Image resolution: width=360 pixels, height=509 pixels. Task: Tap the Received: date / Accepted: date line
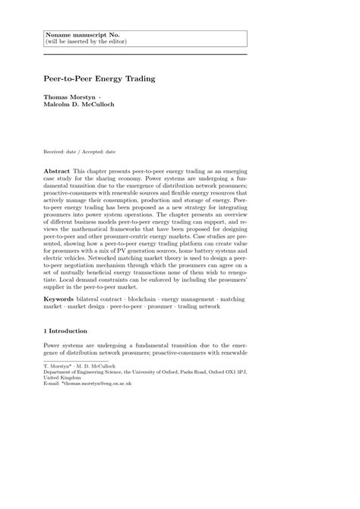point(84,151)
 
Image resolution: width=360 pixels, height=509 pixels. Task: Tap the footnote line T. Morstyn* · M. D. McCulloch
point(83,366)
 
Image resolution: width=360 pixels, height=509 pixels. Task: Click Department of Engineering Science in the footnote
point(91,372)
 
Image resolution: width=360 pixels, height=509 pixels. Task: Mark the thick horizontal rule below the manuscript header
point(145,55)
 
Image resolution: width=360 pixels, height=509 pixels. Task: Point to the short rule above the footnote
point(76,361)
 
